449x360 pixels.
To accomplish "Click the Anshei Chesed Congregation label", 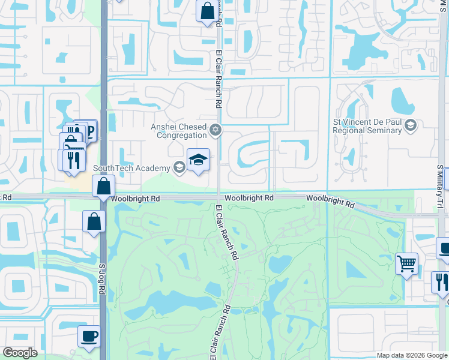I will (179, 131).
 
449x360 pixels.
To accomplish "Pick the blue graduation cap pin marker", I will (198, 160).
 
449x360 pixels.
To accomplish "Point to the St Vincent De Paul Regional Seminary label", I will (367, 126).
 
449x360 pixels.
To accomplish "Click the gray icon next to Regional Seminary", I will (411, 126).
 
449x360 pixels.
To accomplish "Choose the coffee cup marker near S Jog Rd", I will (89, 337).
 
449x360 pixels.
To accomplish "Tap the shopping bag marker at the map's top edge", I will (206, 11).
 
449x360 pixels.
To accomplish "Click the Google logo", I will (20, 353).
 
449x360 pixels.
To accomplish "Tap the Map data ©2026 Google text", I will (411, 355).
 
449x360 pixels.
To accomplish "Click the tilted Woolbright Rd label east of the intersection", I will (330, 201).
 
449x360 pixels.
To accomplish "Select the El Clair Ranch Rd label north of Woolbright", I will (218, 84).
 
